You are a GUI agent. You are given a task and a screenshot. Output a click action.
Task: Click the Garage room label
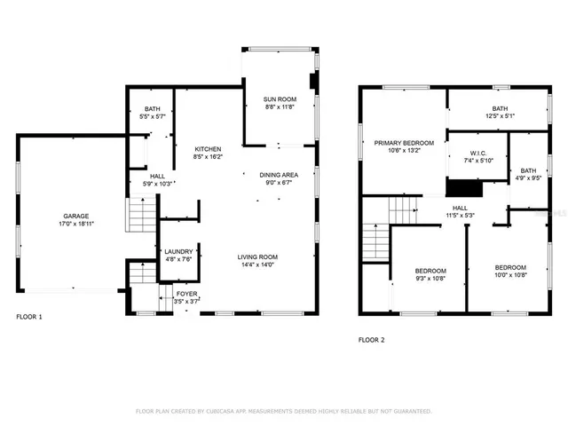coord(75,216)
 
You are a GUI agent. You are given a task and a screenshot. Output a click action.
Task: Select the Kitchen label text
coord(209,149)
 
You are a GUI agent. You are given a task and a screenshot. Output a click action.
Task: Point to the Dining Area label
coord(279,175)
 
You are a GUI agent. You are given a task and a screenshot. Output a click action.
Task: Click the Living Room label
coord(257,257)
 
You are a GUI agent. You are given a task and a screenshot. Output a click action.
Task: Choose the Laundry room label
coord(177,251)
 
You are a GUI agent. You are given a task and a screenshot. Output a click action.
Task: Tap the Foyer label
coord(186,293)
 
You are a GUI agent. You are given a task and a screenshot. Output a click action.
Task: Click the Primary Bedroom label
coord(404,143)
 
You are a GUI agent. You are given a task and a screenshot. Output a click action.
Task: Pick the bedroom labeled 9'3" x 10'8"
coord(430,271)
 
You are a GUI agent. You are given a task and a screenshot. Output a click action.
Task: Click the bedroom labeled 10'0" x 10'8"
coord(510,268)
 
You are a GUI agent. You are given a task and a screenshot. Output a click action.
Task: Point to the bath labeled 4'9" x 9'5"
coord(528,170)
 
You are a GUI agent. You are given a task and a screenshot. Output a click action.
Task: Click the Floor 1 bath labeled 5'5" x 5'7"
coord(153,109)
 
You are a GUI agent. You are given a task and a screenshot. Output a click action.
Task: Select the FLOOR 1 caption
coord(28,317)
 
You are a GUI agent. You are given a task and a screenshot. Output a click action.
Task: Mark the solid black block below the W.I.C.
coord(462,188)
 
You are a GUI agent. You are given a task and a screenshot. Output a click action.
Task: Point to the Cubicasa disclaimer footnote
coord(283,412)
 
